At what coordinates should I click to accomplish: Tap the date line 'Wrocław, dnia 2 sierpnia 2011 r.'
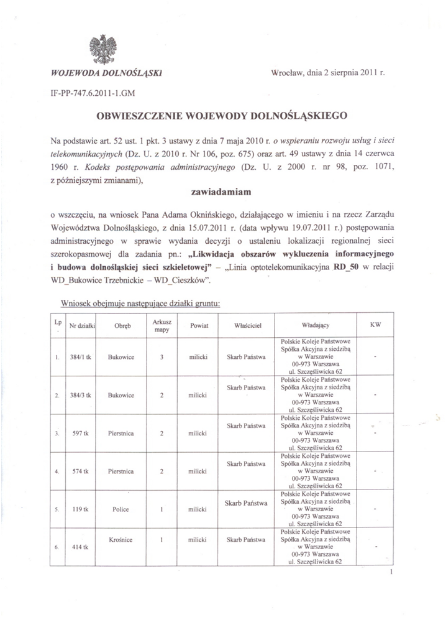pos(329,73)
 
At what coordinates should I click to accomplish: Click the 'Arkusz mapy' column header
pos(161,325)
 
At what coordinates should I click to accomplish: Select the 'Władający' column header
pos(315,325)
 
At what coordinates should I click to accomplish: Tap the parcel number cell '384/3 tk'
pos(81,395)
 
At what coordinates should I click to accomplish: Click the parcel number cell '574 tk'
pos(82,471)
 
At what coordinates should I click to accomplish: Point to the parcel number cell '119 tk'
pos(81,509)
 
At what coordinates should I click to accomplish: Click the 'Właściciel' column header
pos(246,325)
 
